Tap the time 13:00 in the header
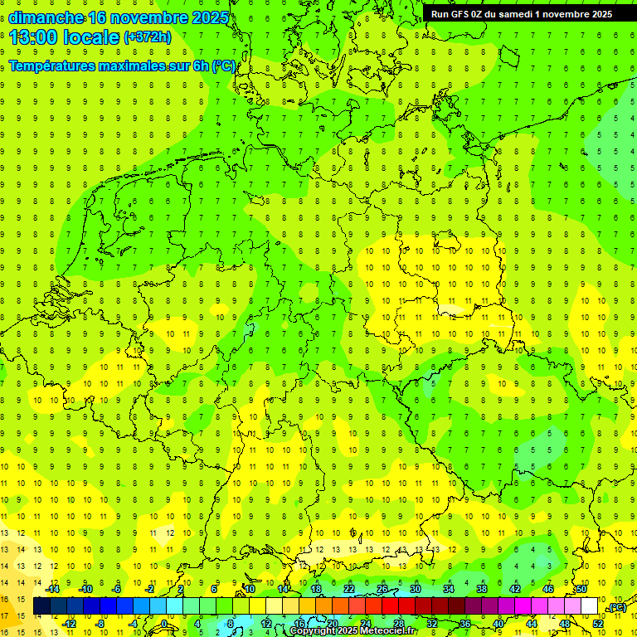(x=33, y=37)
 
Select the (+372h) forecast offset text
(x=148, y=37)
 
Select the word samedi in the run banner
(x=522, y=14)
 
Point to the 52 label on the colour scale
(x=598, y=623)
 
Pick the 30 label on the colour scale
(x=415, y=589)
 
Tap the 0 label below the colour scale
(x=164, y=623)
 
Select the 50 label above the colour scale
(x=581, y=589)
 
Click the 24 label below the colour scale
(x=366, y=623)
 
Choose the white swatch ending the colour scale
(x=590, y=606)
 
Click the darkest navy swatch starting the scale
(x=41, y=606)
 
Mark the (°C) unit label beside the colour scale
(x=616, y=607)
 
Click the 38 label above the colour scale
(x=481, y=589)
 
